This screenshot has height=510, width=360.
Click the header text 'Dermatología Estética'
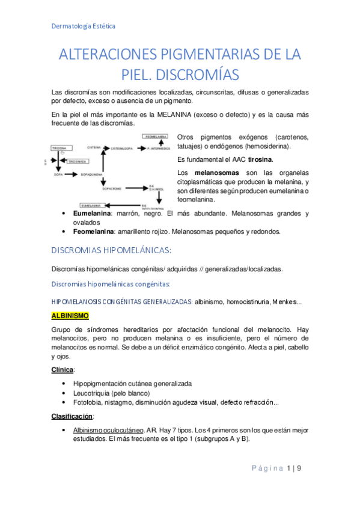[83, 26]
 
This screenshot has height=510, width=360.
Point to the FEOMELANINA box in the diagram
[156, 137]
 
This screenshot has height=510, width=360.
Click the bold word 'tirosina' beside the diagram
[260, 159]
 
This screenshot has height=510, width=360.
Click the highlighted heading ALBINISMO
[70, 315]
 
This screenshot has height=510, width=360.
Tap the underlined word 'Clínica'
[64, 370]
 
